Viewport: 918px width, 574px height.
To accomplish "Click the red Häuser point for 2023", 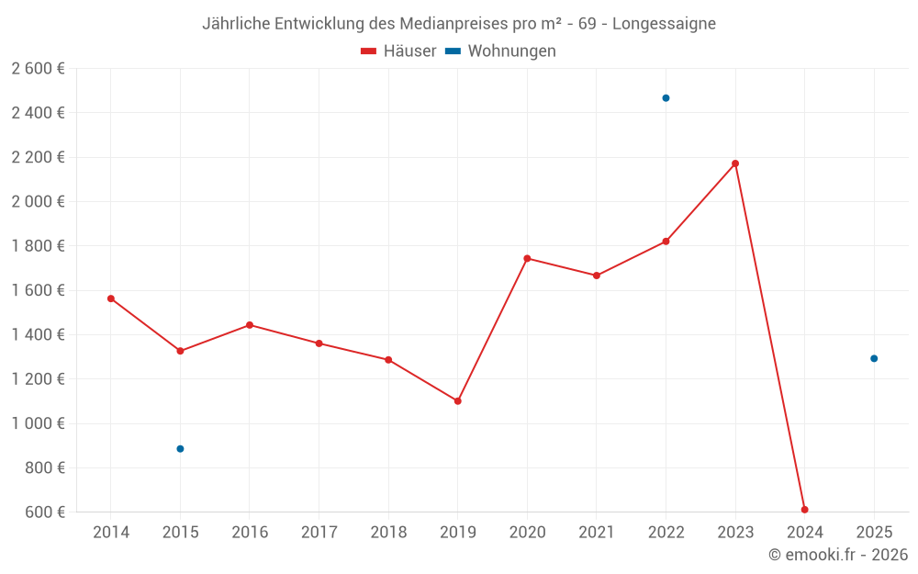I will pyautogui.click(x=735, y=163).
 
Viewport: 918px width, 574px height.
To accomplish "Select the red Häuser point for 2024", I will pyautogui.click(x=804, y=510).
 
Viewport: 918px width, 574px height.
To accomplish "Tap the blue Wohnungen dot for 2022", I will pyautogui.click(x=666, y=98).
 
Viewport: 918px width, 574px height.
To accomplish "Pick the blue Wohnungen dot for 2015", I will pyautogui.click(x=180, y=449).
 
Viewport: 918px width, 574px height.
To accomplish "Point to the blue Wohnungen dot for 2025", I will pyautogui.click(x=874, y=358).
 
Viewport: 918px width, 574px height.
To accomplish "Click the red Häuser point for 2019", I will pyautogui.click(x=457, y=401).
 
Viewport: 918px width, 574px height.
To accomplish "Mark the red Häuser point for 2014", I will pyautogui.click(x=110, y=298).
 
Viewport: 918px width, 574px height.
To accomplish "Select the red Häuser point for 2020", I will pyautogui.click(x=527, y=258).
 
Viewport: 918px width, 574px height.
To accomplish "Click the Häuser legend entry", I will pyautogui.click(x=398, y=51).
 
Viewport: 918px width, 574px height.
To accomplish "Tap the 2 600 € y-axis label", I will pyautogui.click(x=38, y=69).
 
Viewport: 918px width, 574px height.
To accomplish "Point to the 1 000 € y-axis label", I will pyautogui.click(x=38, y=423).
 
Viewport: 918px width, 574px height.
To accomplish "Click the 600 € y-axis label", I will pyautogui.click(x=43, y=512).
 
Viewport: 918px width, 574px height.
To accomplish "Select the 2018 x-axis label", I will pyautogui.click(x=388, y=533).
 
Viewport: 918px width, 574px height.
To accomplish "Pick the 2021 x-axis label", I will pyautogui.click(x=597, y=533).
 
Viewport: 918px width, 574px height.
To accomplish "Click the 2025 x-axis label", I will pyautogui.click(x=874, y=533).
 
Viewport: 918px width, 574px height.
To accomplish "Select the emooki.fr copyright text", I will pyautogui.click(x=838, y=555).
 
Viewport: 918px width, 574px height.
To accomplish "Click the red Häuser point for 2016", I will pyautogui.click(x=250, y=325).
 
